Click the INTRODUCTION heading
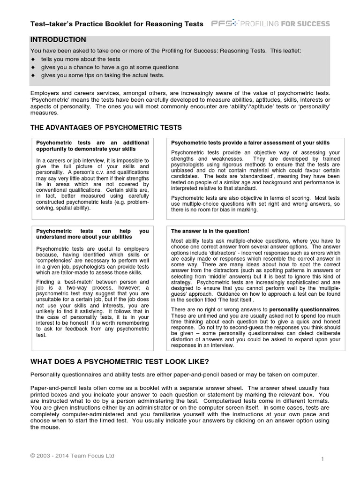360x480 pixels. click(x=58, y=40)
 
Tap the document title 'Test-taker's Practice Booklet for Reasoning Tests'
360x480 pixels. click(x=117, y=24)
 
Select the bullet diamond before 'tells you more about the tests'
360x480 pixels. click(x=33, y=60)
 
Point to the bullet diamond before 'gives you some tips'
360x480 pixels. click(x=33, y=75)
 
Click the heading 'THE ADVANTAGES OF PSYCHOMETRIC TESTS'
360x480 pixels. click(x=106, y=127)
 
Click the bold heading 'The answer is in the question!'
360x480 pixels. click(x=210, y=231)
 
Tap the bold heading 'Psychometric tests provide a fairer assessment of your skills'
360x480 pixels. click(x=250, y=142)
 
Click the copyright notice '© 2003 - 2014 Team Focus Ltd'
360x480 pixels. click(x=72, y=456)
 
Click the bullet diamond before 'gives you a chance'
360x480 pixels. click(x=33, y=67)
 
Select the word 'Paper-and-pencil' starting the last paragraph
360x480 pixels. click(x=52, y=388)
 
